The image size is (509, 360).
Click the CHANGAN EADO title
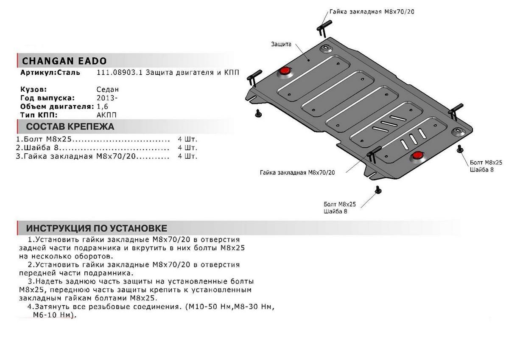pos(64,61)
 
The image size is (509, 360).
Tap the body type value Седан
pos(108,90)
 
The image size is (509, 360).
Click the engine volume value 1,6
pos(102,107)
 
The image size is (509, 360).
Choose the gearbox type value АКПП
pos(106,115)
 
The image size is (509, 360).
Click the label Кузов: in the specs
pos(34,90)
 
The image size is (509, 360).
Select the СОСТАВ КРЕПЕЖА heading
pos(70,127)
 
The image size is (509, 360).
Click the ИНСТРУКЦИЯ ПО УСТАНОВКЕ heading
pos(96,228)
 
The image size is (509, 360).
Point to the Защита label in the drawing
pos(281,44)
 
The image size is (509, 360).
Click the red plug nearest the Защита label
pos(284,71)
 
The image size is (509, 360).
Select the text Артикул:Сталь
pos(50,73)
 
